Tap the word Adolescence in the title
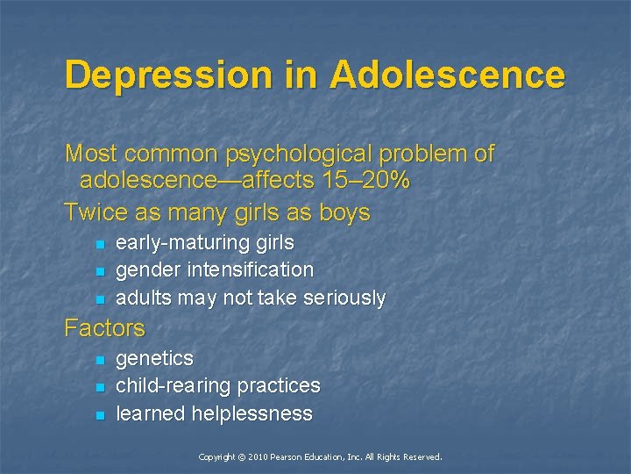447,75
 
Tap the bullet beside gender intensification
101,271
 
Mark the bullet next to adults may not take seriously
101,299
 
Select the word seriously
344,298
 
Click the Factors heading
104,328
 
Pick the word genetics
154,359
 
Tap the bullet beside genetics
101,360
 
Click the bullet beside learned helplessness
101,414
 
